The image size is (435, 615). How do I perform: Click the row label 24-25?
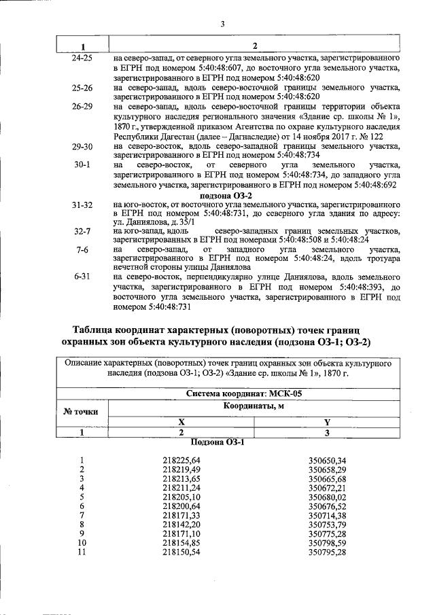[82, 59]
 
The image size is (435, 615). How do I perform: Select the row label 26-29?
[82, 107]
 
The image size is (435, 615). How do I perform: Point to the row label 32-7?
[82, 232]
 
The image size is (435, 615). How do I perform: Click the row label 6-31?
[82, 278]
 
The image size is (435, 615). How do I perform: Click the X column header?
[181, 421]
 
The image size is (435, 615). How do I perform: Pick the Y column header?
[327, 421]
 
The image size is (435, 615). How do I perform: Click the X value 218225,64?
[182, 460]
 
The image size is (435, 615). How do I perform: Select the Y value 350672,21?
[327, 488]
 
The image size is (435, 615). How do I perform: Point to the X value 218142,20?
[182, 525]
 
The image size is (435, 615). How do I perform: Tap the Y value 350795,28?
[327, 552]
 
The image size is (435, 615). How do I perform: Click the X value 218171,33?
[182, 516]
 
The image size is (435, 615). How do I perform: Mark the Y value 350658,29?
[327, 470]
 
